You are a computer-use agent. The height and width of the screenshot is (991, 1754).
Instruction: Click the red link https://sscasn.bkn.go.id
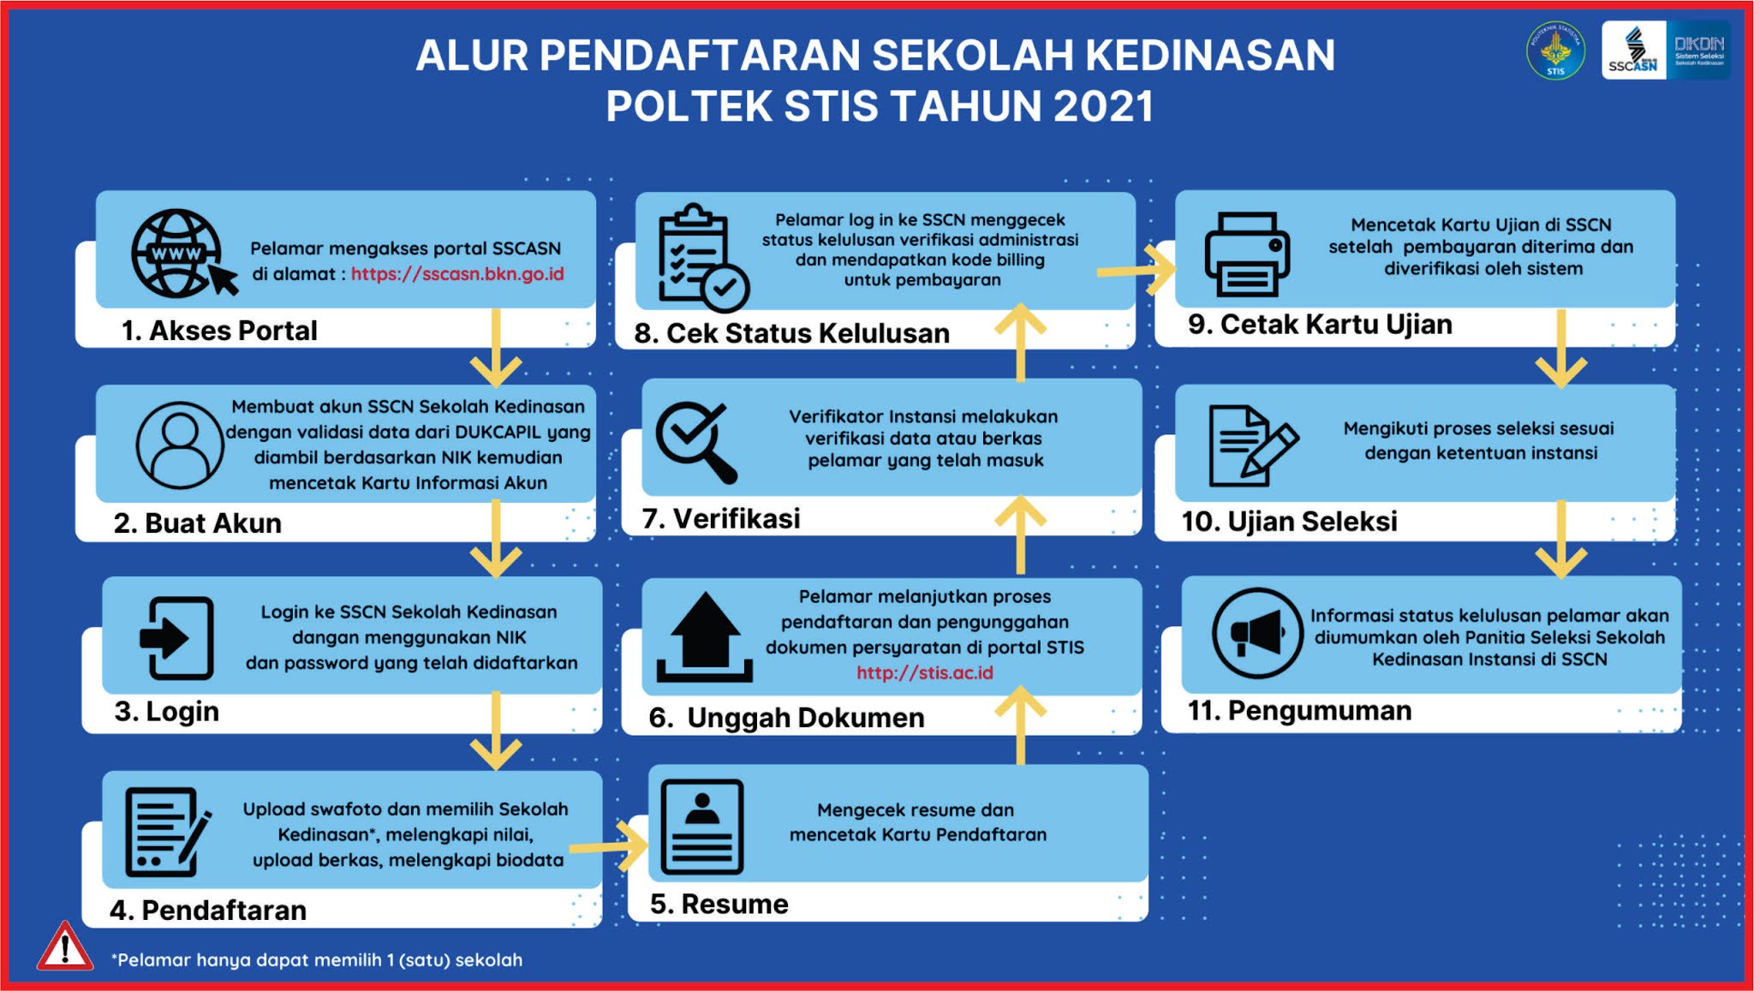tap(457, 274)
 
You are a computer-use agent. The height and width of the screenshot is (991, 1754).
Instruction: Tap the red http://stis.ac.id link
tap(925, 672)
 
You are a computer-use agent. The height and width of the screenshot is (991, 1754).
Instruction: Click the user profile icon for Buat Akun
tap(180, 445)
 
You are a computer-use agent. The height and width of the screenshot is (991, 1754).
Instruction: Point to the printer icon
tap(1247, 254)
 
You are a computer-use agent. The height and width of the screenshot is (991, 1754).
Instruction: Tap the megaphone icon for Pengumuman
tap(1256, 634)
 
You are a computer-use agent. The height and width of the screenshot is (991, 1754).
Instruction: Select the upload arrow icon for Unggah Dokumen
tap(704, 637)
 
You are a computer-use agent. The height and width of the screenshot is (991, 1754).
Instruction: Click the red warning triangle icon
tap(65, 948)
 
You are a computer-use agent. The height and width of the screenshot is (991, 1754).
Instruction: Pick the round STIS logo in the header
tap(1555, 51)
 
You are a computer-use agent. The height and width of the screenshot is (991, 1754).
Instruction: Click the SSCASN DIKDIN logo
tap(1665, 51)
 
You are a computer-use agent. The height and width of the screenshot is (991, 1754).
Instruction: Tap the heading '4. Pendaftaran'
tap(208, 910)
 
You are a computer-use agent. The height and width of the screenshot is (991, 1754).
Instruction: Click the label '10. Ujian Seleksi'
tap(1289, 521)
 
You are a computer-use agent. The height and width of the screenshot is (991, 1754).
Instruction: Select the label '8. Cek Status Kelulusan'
tap(791, 332)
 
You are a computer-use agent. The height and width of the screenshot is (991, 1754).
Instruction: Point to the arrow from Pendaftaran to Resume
tap(610, 847)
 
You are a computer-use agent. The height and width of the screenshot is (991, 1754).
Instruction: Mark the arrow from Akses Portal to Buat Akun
tap(496, 347)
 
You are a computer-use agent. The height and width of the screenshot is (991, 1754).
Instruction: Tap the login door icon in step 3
tap(176, 638)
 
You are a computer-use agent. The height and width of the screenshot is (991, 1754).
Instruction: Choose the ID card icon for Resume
tap(702, 827)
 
